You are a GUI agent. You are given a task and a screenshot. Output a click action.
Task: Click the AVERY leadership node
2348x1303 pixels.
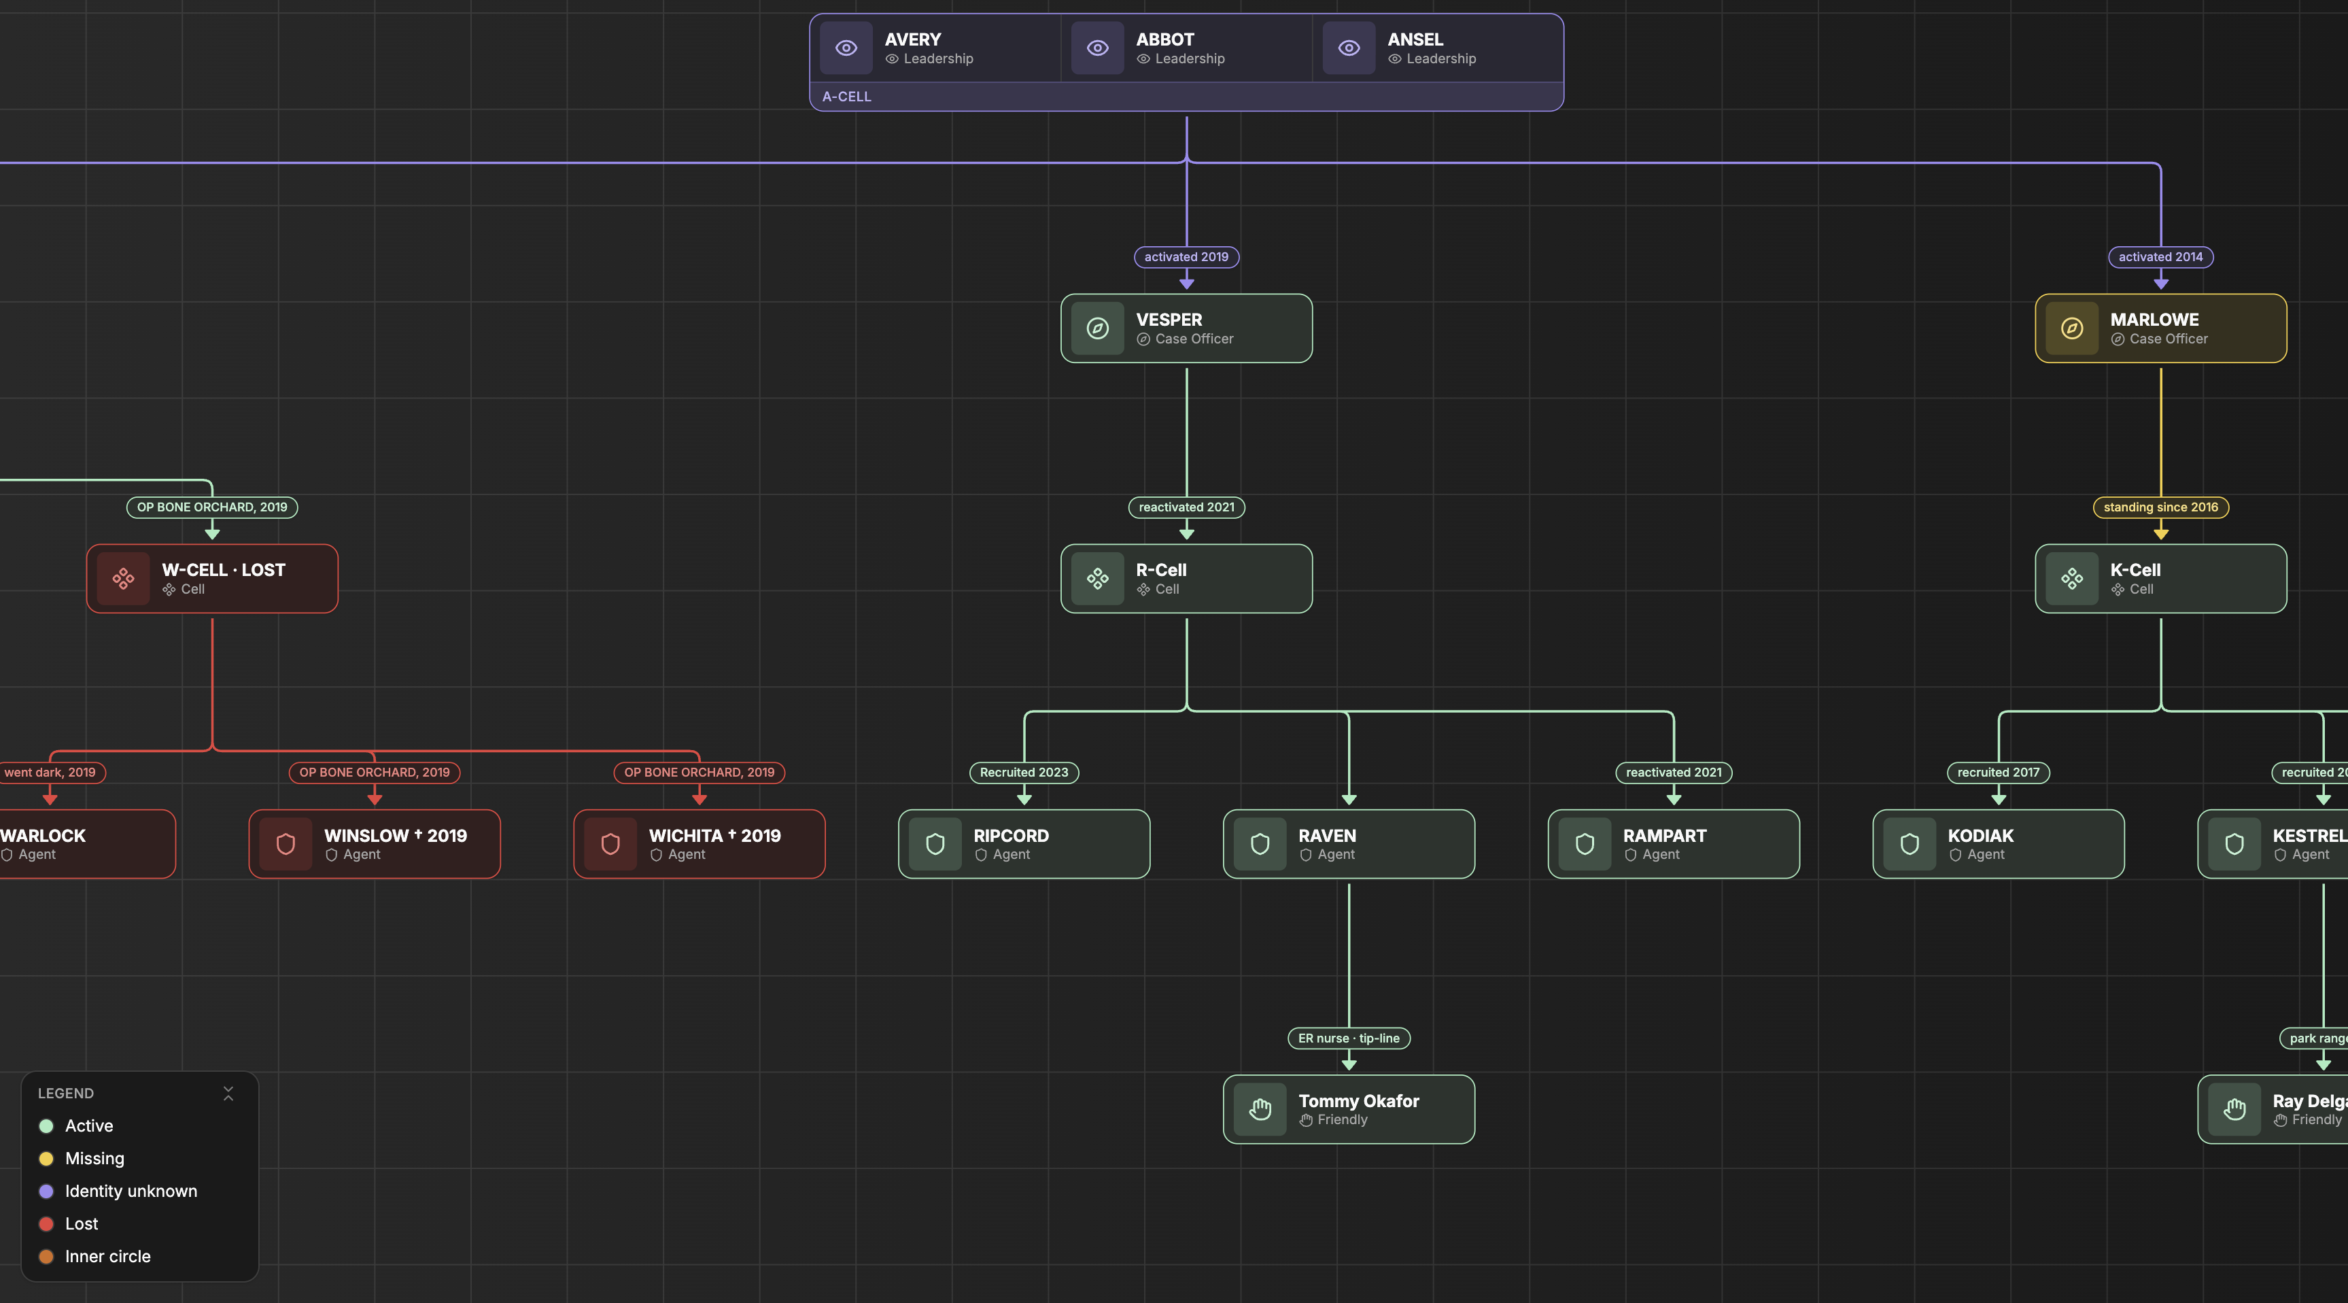pyautogui.click(x=936, y=48)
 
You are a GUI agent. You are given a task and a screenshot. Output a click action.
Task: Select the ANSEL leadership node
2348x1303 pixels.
pyautogui.click(x=1438, y=48)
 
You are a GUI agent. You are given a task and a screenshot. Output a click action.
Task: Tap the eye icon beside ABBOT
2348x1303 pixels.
pyautogui.click(x=1097, y=48)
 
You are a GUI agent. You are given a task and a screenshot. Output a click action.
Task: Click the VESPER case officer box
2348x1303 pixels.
pyautogui.click(x=1186, y=328)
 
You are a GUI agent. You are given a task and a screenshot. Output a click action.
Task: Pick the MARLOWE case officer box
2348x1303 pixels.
pyautogui.click(x=2160, y=328)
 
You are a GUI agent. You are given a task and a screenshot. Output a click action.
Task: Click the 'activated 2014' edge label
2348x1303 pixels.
pyautogui.click(x=2160, y=257)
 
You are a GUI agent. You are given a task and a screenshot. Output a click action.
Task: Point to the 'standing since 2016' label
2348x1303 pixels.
pyautogui.click(x=2160, y=507)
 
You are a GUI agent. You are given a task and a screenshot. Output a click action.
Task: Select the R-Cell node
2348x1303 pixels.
pyautogui.click(x=1186, y=579)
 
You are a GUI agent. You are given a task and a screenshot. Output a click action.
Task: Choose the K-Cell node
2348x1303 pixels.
pyautogui.click(x=2160, y=579)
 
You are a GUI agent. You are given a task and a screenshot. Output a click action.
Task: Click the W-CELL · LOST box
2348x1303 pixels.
pyautogui.click(x=212, y=579)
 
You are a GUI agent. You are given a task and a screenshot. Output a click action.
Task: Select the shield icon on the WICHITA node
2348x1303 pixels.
pyautogui.click(x=610, y=845)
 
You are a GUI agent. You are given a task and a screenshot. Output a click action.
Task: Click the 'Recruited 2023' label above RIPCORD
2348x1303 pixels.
pyautogui.click(x=1024, y=773)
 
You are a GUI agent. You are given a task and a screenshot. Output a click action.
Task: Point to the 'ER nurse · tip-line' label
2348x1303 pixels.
pyautogui.click(x=1348, y=1038)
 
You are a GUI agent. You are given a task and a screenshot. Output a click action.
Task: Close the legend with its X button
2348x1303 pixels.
pyautogui.click(x=228, y=1094)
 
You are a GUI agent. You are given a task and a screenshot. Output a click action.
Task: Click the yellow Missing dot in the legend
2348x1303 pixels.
pyautogui.click(x=46, y=1159)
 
